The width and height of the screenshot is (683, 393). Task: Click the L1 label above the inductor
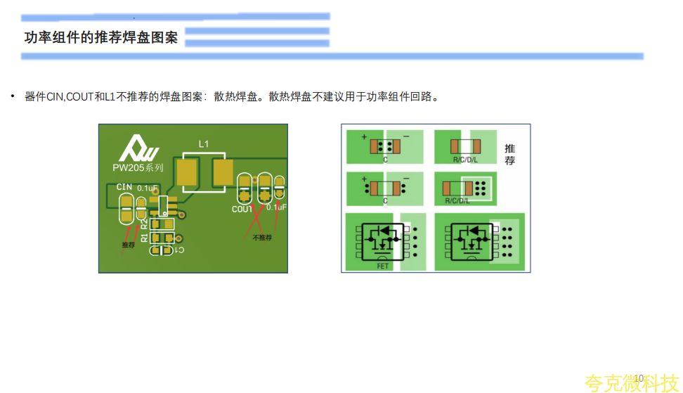click(204, 143)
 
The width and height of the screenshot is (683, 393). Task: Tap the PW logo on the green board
click(138, 147)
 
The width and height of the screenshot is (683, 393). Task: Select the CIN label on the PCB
click(124, 187)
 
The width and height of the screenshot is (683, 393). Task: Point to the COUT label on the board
click(242, 210)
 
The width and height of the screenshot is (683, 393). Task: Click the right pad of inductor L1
click(223, 172)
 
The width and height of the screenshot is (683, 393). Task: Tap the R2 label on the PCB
click(145, 224)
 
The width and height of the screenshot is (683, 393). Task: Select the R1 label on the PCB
click(145, 238)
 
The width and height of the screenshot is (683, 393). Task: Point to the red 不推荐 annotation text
click(262, 238)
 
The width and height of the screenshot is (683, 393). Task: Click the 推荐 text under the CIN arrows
click(128, 245)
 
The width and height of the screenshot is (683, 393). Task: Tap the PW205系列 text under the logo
click(138, 168)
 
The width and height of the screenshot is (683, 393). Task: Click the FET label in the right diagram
click(383, 266)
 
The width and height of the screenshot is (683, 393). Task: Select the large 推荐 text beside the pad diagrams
click(510, 155)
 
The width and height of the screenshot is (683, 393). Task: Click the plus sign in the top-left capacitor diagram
click(364, 136)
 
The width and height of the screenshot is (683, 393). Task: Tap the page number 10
click(639, 378)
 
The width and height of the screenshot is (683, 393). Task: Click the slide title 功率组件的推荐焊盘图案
click(101, 38)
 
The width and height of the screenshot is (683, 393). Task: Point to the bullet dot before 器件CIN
click(12, 96)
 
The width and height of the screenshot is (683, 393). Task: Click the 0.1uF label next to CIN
click(147, 188)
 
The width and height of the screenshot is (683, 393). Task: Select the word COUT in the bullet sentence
click(79, 96)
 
